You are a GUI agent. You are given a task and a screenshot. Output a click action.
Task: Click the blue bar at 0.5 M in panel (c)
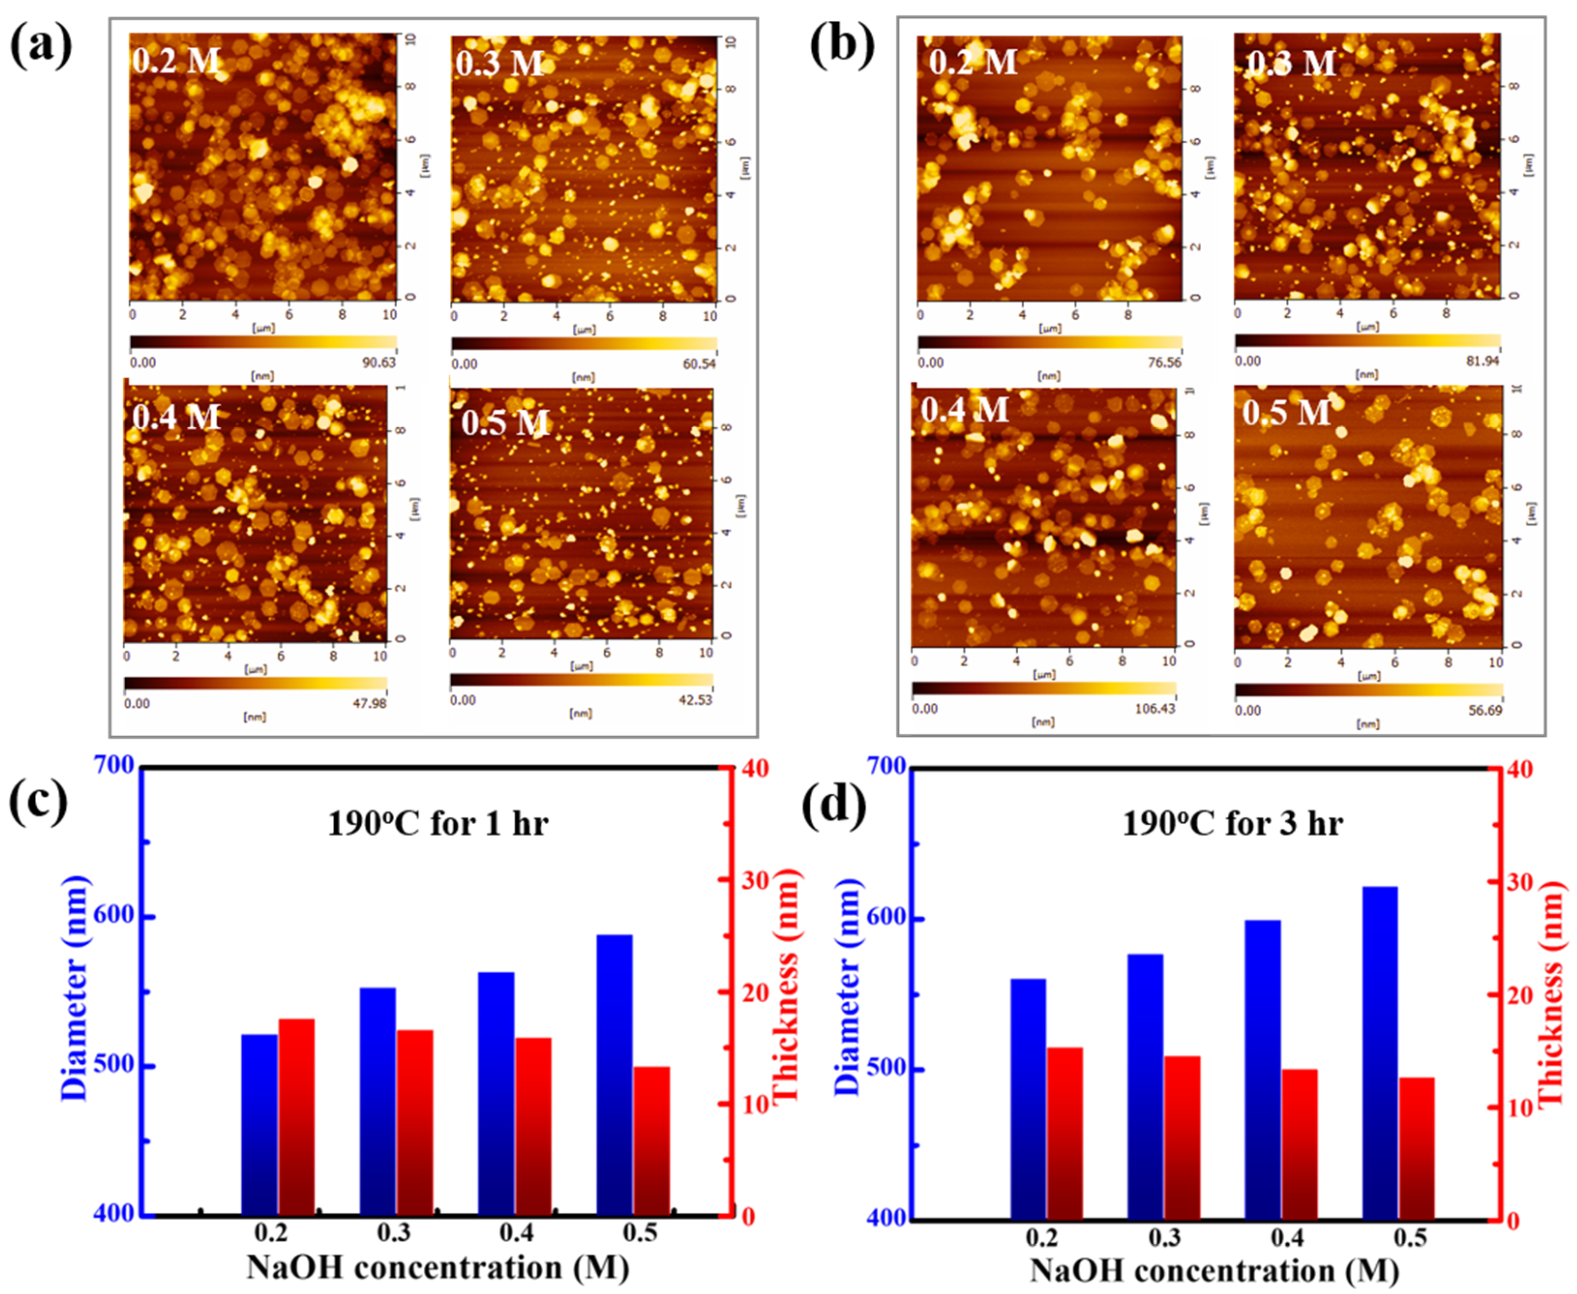(615, 1073)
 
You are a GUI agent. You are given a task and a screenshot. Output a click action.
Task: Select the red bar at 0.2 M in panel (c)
(297, 1116)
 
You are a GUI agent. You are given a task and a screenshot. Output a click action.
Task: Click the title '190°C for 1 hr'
(438, 824)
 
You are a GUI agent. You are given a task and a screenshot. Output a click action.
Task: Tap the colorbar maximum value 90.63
(377, 363)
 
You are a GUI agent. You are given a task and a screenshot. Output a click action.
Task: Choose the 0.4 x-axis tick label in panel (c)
(517, 1233)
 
